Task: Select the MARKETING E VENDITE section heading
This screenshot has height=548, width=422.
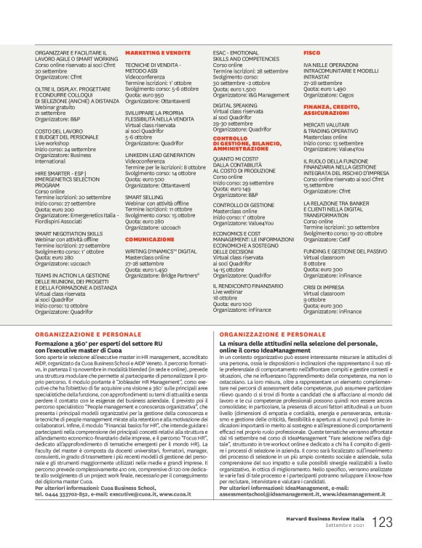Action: pos(153,54)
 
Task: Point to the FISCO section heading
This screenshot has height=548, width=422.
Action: pos(311,54)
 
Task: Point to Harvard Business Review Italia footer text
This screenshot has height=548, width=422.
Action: pos(347,518)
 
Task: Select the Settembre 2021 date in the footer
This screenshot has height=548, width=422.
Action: pos(370,527)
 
